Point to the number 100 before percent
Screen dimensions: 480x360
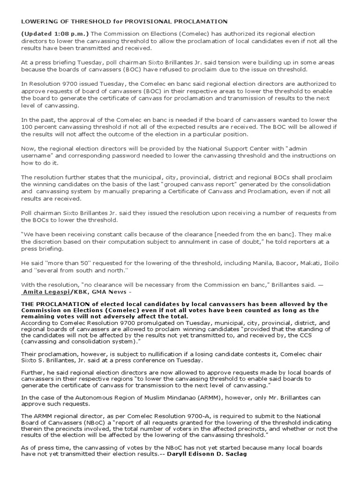click(x=26, y=127)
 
